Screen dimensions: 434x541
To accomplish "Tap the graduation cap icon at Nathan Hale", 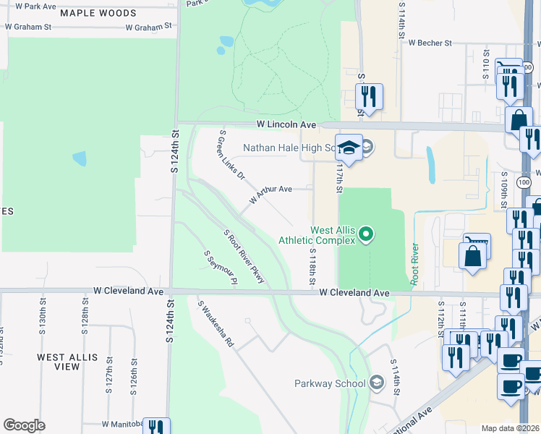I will [x=349, y=148].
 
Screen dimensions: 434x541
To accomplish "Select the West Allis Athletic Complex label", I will [x=333, y=235].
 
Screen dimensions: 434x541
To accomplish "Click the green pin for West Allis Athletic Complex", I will [x=366, y=233].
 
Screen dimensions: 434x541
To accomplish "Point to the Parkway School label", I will [x=331, y=383].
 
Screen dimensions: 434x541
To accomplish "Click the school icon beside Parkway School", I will [x=376, y=382].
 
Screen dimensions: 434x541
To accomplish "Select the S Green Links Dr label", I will [x=231, y=155].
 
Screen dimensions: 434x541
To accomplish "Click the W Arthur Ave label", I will [x=270, y=193].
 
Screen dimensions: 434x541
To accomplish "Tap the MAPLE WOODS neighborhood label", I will [x=98, y=13].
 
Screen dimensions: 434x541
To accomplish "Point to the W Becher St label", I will [x=430, y=43].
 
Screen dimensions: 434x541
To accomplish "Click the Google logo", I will [x=24, y=425].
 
